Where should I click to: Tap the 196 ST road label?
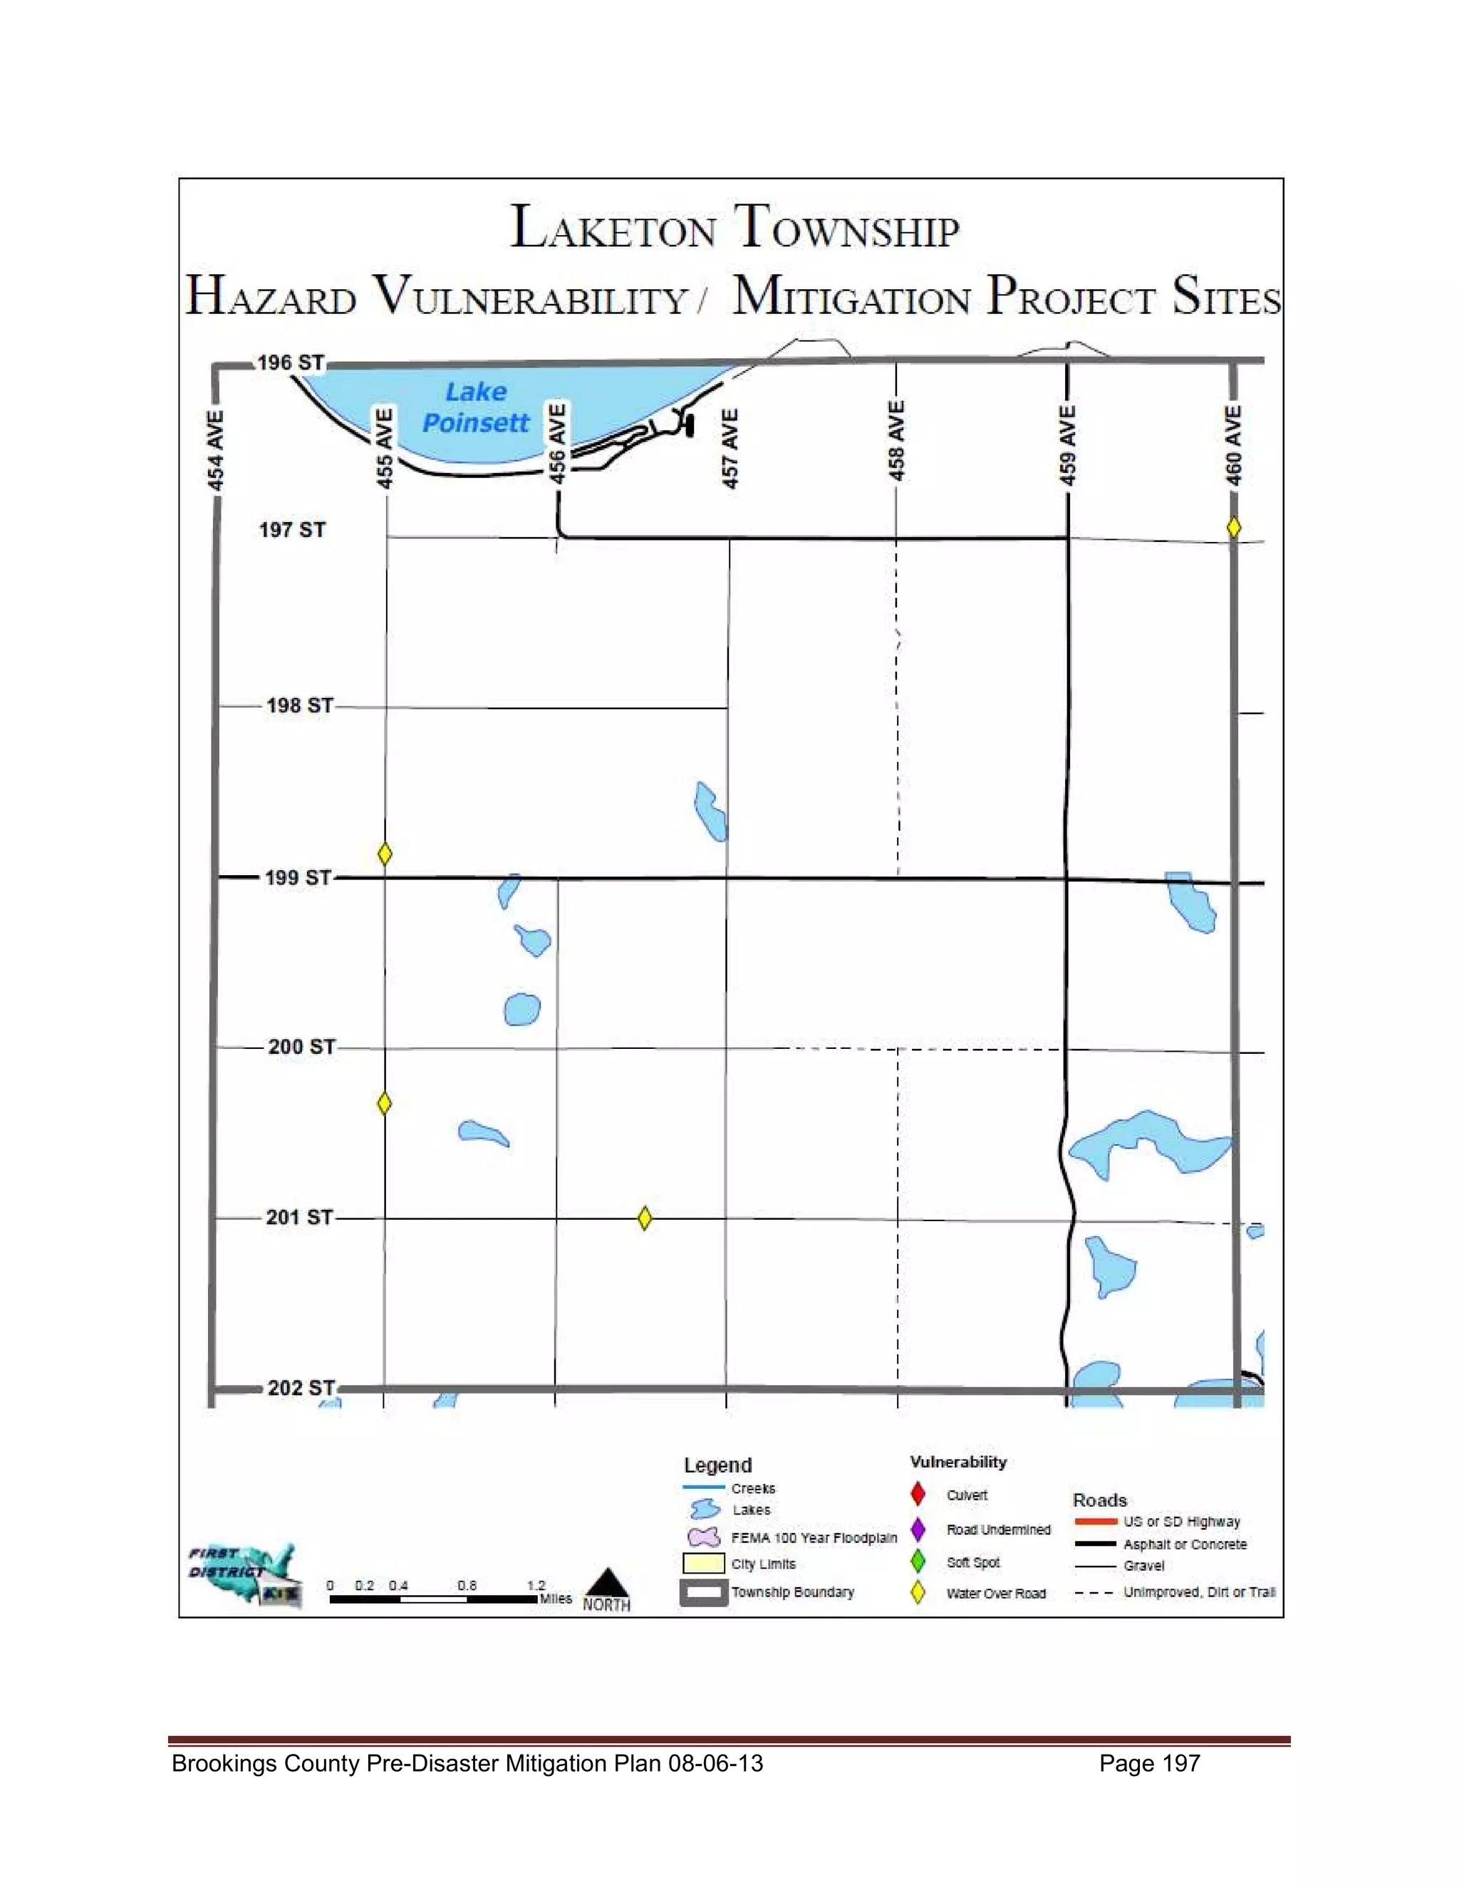coord(291,363)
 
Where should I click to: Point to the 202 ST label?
coord(301,1389)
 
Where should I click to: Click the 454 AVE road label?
coord(216,450)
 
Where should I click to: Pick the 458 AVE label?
coord(897,441)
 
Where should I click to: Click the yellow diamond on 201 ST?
coord(644,1218)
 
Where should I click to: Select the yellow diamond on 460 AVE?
coord(1233,527)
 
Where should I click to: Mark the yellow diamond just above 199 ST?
coord(385,854)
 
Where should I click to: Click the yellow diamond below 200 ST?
coord(385,1103)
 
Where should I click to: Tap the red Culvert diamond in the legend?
coord(918,1494)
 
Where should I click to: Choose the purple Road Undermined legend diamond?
coord(918,1530)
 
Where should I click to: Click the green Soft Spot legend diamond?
coord(918,1562)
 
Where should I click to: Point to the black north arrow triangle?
coord(607,1584)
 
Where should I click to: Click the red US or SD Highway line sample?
coord(1095,1522)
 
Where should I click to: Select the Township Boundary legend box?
coord(702,1592)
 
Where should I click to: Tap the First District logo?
coord(244,1576)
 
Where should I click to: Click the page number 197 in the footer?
coord(1180,1763)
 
